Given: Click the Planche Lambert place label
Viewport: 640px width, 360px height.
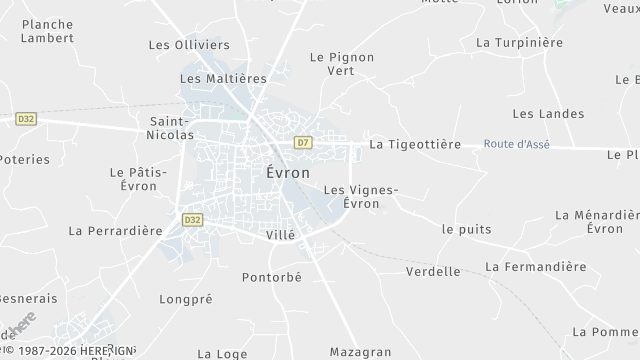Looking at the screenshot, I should click(x=47, y=30).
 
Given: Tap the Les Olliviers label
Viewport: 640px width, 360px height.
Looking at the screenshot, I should click(x=189, y=45).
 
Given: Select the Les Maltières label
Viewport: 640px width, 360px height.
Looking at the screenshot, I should click(x=223, y=78).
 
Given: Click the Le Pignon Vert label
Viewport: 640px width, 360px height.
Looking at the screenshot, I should click(x=342, y=64).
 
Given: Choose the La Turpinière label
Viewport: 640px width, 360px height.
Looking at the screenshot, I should click(x=520, y=43).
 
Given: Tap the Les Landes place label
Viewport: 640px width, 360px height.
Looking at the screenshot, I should click(x=548, y=114).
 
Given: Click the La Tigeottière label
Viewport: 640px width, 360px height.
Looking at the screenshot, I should click(x=415, y=144).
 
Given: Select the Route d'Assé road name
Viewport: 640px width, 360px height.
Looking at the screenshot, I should click(x=516, y=144).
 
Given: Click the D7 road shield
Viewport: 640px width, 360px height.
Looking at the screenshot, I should click(x=303, y=143).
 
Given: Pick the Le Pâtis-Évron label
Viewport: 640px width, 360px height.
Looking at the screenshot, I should click(x=133, y=179).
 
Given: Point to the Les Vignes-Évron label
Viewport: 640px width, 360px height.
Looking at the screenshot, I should click(x=362, y=197).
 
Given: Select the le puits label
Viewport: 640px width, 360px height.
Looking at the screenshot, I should click(x=466, y=229).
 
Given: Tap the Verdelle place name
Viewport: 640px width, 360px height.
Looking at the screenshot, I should click(x=434, y=271).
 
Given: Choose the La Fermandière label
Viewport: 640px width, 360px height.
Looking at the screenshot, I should click(x=535, y=267).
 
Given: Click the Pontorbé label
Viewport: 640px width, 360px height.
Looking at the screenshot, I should click(x=272, y=277).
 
